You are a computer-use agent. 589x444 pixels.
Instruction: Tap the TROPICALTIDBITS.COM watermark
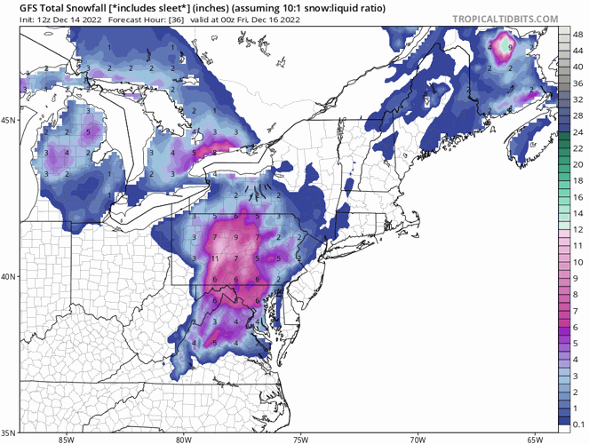tap(504, 18)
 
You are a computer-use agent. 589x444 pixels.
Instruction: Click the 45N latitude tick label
tap(9, 120)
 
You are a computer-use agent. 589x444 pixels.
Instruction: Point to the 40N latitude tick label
tap(9, 276)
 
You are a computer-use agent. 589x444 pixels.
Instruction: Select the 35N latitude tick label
tap(9, 432)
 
